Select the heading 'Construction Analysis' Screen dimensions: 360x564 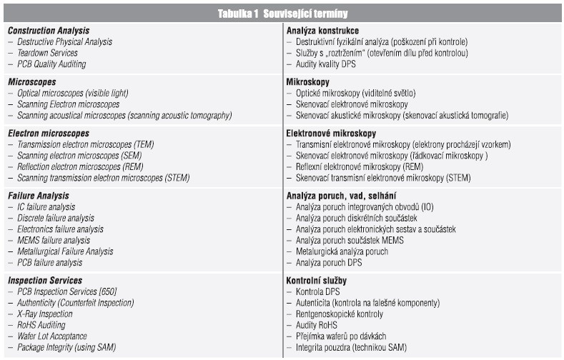click(48, 31)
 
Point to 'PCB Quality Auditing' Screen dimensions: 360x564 click(51, 64)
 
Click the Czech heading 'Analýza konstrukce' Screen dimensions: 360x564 click(322, 31)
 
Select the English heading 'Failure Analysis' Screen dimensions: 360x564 click(39, 196)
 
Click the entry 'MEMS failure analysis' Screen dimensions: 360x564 click(54, 241)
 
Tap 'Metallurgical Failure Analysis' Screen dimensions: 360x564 click(65, 251)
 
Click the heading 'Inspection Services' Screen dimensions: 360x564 click(44, 281)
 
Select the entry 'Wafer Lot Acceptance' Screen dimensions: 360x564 click(52, 336)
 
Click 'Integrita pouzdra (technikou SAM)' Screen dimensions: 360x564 click(351, 348)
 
